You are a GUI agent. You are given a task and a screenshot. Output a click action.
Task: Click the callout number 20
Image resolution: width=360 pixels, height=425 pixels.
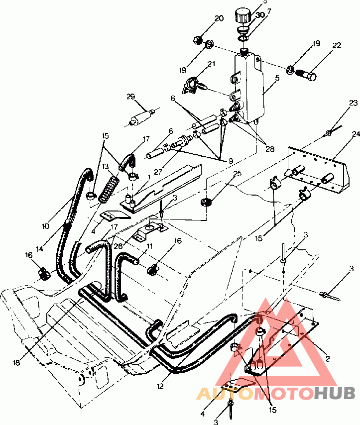pyautogui.click(x=219, y=19)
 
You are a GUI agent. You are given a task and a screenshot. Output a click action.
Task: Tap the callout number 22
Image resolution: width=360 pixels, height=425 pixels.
pyautogui.click(x=337, y=45)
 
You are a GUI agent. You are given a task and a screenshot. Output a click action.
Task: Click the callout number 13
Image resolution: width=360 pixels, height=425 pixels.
pyautogui.click(x=106, y=167)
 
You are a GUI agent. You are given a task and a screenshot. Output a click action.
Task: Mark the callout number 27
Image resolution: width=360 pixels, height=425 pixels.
pyautogui.click(x=158, y=172)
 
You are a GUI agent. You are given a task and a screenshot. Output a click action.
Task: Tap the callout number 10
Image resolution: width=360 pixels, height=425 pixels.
pyautogui.click(x=45, y=226)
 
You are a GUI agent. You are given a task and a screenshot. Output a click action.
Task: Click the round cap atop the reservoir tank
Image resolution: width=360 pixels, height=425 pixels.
pyautogui.click(x=244, y=14)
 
